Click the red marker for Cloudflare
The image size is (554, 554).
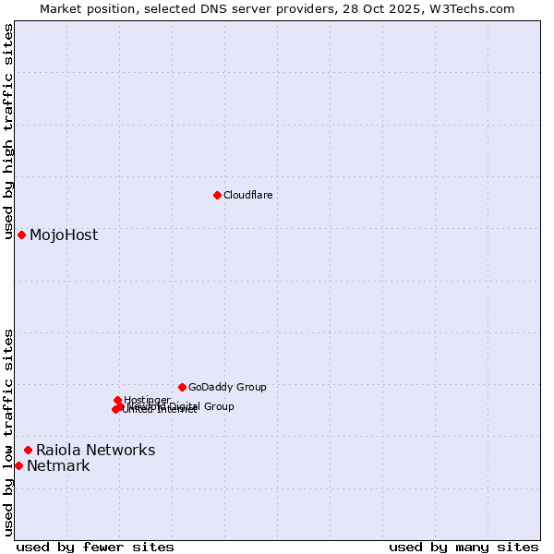(x=217, y=195)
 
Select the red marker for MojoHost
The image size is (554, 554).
(x=21, y=235)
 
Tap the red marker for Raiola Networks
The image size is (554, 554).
(x=28, y=450)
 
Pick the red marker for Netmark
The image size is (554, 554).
(x=18, y=465)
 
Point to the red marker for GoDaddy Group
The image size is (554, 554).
(x=182, y=387)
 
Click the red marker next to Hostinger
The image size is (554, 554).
(x=117, y=400)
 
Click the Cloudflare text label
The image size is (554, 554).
(x=247, y=195)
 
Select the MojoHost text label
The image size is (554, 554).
(x=63, y=235)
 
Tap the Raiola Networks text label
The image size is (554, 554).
(x=95, y=450)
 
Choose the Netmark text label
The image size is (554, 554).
(x=58, y=465)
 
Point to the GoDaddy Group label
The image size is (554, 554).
(x=226, y=387)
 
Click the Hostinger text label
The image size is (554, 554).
(x=147, y=400)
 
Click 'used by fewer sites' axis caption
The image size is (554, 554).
(x=95, y=547)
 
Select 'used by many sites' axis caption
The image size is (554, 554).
(x=464, y=547)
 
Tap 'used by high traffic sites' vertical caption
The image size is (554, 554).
(x=8, y=131)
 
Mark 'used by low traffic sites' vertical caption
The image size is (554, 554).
(x=8, y=432)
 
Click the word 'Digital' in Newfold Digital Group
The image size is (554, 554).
(x=187, y=406)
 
